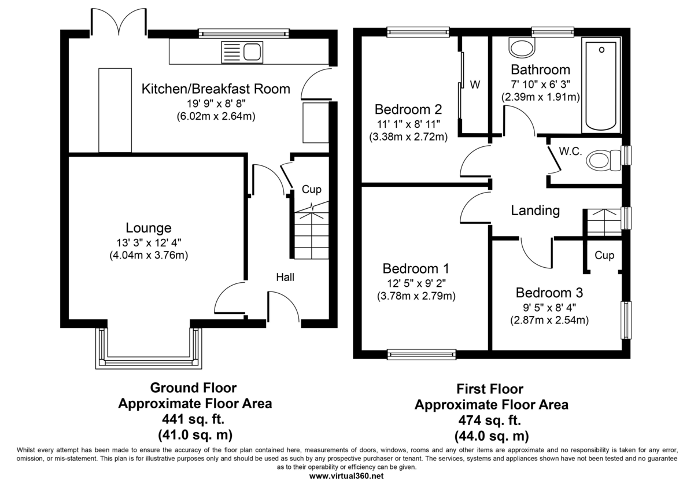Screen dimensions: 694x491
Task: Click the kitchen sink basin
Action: pos(252,52)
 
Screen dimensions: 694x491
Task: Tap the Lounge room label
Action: pos(149,228)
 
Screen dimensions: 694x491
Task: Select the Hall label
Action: pos(285,277)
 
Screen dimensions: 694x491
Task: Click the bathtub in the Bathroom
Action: pos(601,86)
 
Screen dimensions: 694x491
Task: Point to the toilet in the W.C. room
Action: pos(604,161)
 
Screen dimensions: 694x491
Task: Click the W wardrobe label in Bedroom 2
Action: pos(475,84)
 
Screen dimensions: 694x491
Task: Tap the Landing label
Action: pos(535,211)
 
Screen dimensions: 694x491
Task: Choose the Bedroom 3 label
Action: pos(549,293)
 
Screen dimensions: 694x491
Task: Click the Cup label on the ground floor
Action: pos(311,190)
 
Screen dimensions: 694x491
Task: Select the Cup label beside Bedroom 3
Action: pos(604,256)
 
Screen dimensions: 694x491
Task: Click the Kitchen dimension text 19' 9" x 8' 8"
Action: pos(216,103)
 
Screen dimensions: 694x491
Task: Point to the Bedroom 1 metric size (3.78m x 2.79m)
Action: pos(416,296)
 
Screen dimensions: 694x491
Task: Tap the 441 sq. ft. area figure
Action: pos(193,419)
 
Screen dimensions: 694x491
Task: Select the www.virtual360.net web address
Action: pos(346,476)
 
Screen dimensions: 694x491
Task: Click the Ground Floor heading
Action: pos(193,388)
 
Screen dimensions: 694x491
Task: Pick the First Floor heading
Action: pos(490,389)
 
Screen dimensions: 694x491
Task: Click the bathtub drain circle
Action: pos(601,50)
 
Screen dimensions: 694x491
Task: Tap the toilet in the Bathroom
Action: pos(522,47)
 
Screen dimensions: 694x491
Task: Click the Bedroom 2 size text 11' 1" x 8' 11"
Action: pos(408,124)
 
